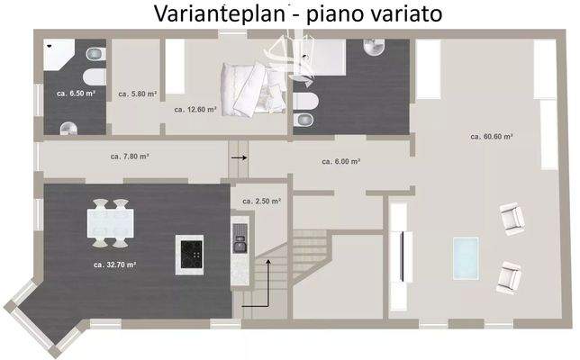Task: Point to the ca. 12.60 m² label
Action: point(195,109)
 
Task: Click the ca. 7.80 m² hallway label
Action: point(131,156)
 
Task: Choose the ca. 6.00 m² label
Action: point(341,162)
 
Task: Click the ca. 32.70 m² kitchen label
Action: point(114,265)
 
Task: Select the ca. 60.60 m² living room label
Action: point(492,137)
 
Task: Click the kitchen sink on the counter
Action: point(240,238)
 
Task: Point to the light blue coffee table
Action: point(465,256)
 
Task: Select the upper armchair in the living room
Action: point(512,216)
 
